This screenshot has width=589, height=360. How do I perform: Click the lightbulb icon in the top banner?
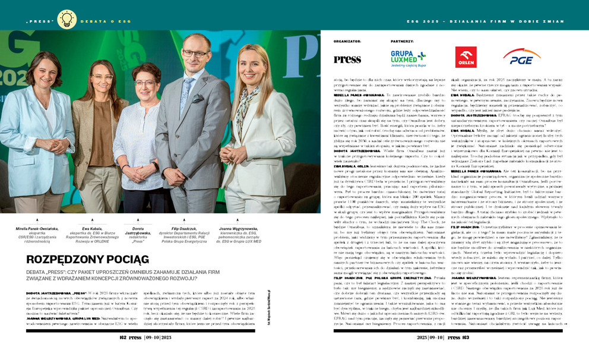[x=66, y=19]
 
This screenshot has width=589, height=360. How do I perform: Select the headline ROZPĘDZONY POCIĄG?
[x=88, y=259]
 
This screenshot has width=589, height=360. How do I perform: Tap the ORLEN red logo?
[x=465, y=58]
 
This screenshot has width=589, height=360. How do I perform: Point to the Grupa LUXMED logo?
[x=408, y=58]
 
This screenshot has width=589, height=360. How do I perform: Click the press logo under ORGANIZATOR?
[x=347, y=59]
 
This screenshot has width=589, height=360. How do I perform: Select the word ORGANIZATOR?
[x=347, y=42]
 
